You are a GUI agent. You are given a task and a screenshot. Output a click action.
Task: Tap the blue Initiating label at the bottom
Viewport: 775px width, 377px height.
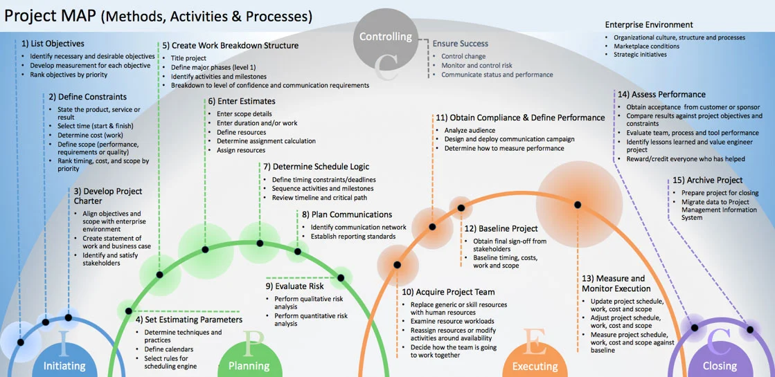coord(64,366)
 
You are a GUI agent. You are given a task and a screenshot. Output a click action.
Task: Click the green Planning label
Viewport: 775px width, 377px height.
coord(249,366)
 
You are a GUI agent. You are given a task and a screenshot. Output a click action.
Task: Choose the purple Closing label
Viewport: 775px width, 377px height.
coord(720,366)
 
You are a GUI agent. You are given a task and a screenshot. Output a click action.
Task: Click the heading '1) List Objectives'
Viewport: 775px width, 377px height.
coord(53,44)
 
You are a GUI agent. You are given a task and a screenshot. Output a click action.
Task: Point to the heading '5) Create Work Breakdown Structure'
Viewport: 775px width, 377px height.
coord(230,46)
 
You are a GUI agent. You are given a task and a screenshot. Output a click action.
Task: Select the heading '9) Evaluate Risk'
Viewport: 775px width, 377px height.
coord(294,286)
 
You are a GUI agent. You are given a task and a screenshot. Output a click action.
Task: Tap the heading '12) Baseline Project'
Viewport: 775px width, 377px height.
coord(501,228)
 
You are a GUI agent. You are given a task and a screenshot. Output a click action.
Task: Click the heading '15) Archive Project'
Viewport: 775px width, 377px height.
coord(707,181)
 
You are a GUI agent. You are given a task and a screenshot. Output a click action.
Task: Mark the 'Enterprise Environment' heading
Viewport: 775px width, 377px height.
coord(648,25)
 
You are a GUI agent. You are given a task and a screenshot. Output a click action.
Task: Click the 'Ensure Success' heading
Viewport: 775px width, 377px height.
coord(461,44)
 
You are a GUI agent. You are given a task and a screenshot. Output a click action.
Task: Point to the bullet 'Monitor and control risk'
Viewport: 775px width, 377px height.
coord(476,66)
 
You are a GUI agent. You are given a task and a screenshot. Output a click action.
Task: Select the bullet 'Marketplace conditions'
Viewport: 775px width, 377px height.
coord(646,46)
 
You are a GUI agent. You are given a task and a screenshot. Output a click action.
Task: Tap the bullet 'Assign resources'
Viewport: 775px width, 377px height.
coord(241,150)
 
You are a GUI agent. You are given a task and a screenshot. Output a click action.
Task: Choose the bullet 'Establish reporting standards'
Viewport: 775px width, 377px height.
coord(353,237)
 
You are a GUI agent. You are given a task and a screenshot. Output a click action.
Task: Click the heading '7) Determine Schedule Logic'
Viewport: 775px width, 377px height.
coord(316,167)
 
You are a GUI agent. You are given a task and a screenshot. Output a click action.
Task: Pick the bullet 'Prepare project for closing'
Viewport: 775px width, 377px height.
coord(720,193)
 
